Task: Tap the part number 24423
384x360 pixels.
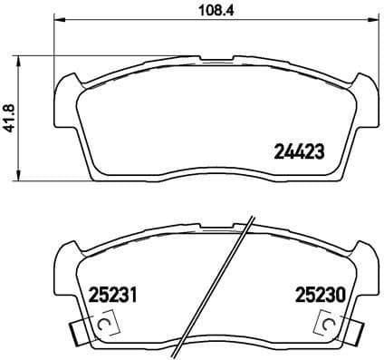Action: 299,153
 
